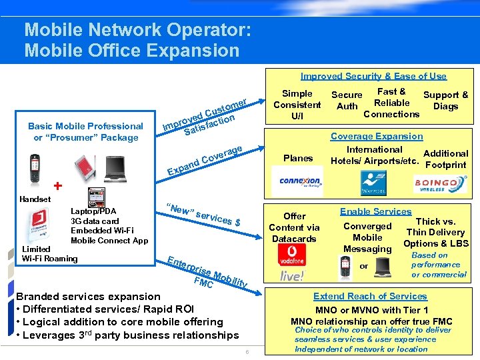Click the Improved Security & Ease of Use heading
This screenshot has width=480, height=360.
click(x=373, y=76)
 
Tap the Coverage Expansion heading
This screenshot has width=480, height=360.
click(x=377, y=136)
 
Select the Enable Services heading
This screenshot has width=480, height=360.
click(x=376, y=211)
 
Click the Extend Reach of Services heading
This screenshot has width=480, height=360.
click(x=370, y=296)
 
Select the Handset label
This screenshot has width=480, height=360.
click(x=35, y=199)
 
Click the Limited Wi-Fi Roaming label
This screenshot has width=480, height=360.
click(x=50, y=254)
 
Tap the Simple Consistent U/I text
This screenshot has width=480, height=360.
click(x=297, y=105)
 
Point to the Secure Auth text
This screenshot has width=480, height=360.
click(x=347, y=100)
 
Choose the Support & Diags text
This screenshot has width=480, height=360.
click(x=445, y=100)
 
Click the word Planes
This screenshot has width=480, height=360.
click(x=298, y=158)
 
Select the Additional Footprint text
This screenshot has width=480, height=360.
click(x=445, y=159)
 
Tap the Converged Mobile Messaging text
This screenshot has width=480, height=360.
click(x=367, y=237)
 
